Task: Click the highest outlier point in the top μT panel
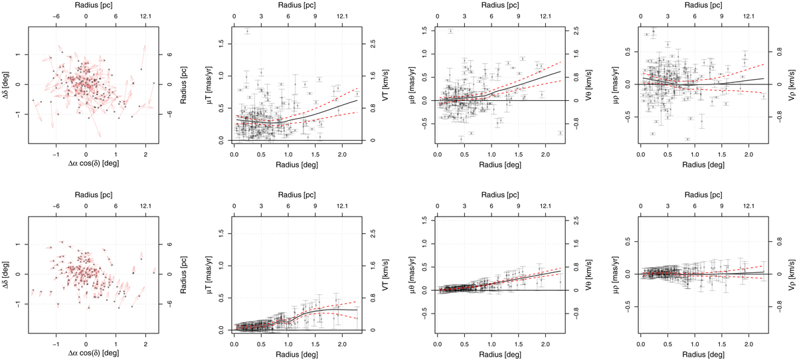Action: tap(247, 31)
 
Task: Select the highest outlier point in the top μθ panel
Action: tap(450, 31)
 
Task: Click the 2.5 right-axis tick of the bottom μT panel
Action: tap(373, 234)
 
